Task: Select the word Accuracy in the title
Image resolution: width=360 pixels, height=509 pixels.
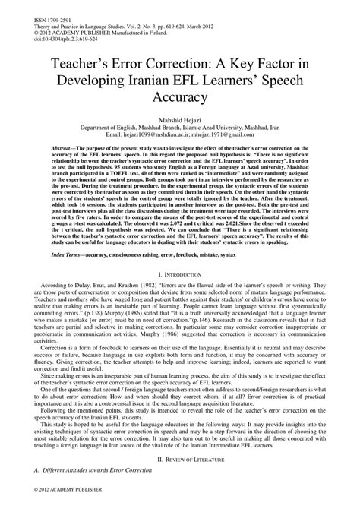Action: pyautogui.click(x=180, y=98)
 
